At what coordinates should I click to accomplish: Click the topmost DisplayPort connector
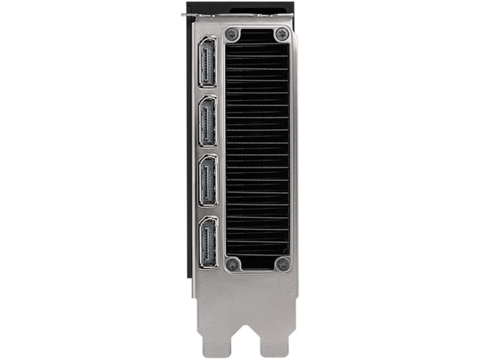pos(207,62)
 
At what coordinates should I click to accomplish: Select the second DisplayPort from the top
pos(207,121)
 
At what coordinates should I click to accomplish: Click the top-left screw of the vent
pos(232,34)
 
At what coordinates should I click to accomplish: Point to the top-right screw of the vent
pos(281,34)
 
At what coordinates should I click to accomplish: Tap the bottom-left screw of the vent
pos(232,263)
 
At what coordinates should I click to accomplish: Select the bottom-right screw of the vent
pos(282,263)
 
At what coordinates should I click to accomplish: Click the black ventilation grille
pos(257,150)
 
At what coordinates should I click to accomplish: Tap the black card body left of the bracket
pos(190,150)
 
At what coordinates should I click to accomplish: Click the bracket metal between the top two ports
pos(207,92)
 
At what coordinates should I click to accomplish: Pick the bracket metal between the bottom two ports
pos(207,211)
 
